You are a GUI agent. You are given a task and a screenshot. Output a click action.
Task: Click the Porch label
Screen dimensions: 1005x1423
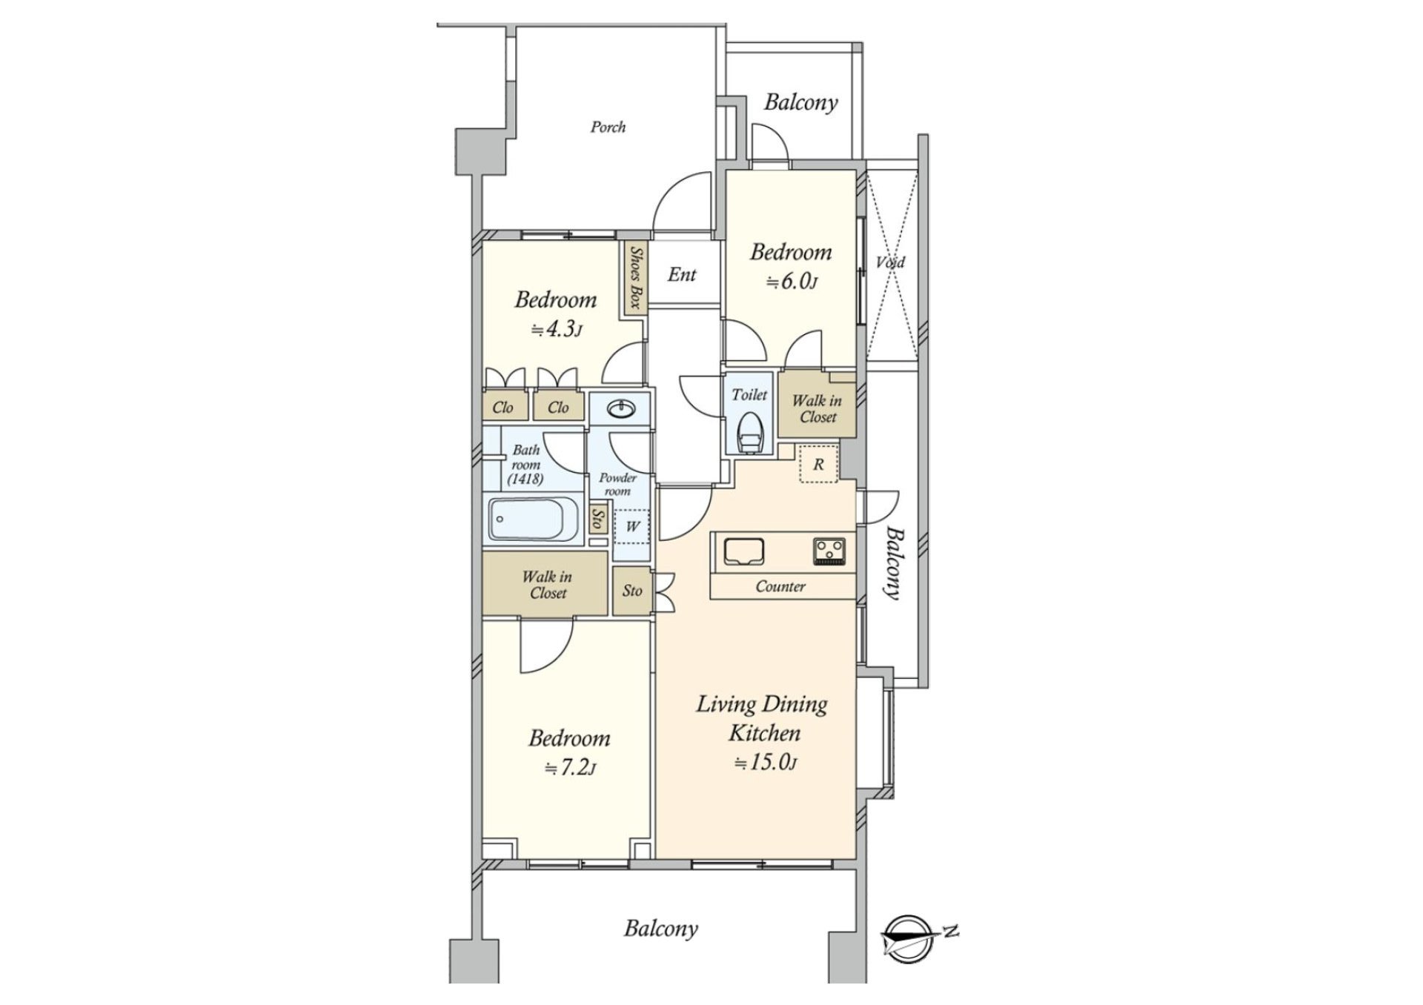[608, 127]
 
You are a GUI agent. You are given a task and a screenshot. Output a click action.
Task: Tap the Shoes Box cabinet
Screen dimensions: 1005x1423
[635, 278]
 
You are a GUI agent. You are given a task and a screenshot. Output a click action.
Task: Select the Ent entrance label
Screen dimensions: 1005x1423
[682, 275]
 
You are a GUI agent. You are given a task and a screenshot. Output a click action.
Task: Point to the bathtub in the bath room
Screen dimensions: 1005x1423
[534, 520]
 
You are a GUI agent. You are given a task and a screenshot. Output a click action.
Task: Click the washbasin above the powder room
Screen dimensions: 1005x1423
[619, 408]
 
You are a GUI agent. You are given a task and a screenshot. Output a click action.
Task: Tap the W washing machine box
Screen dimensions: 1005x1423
[631, 527]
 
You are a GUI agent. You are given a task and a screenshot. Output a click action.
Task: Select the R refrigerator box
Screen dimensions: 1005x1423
[818, 465]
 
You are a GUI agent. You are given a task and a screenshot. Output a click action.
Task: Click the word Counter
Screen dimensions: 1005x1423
[780, 587]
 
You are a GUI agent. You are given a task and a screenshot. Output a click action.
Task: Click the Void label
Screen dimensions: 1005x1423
[890, 262]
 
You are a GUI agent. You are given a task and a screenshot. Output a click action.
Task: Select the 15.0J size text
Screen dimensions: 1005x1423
[765, 763]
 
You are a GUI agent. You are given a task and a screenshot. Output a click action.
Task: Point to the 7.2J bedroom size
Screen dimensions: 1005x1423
[570, 768]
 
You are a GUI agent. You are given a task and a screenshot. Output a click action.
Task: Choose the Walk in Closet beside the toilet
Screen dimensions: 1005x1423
[817, 409]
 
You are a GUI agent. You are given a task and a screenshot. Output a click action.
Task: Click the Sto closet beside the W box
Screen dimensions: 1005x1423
[597, 518]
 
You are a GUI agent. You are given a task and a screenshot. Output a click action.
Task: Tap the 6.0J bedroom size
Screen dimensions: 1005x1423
[791, 282]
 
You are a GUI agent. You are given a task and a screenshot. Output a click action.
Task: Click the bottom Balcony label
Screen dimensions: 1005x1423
[660, 929]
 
